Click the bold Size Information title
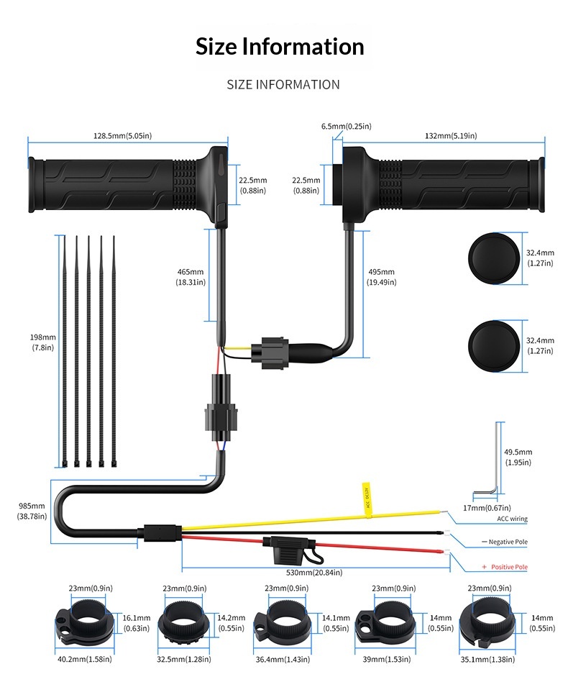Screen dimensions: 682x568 coord(280,47)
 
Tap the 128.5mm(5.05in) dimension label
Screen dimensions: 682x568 coord(127,135)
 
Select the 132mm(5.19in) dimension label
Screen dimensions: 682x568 coord(451,135)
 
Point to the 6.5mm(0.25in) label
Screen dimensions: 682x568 coord(346,126)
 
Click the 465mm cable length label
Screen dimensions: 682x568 coord(191,277)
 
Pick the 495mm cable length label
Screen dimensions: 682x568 coord(381,277)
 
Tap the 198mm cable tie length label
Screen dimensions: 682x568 coord(43,342)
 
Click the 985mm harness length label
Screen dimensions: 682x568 coord(32,511)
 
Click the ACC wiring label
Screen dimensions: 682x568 coord(512,519)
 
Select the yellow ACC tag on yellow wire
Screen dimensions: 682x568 coord(366,496)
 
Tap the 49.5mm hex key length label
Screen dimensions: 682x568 coord(518,457)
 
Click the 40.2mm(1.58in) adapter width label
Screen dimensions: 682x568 coord(86,659)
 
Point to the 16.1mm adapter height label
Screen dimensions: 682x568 coord(136,622)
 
